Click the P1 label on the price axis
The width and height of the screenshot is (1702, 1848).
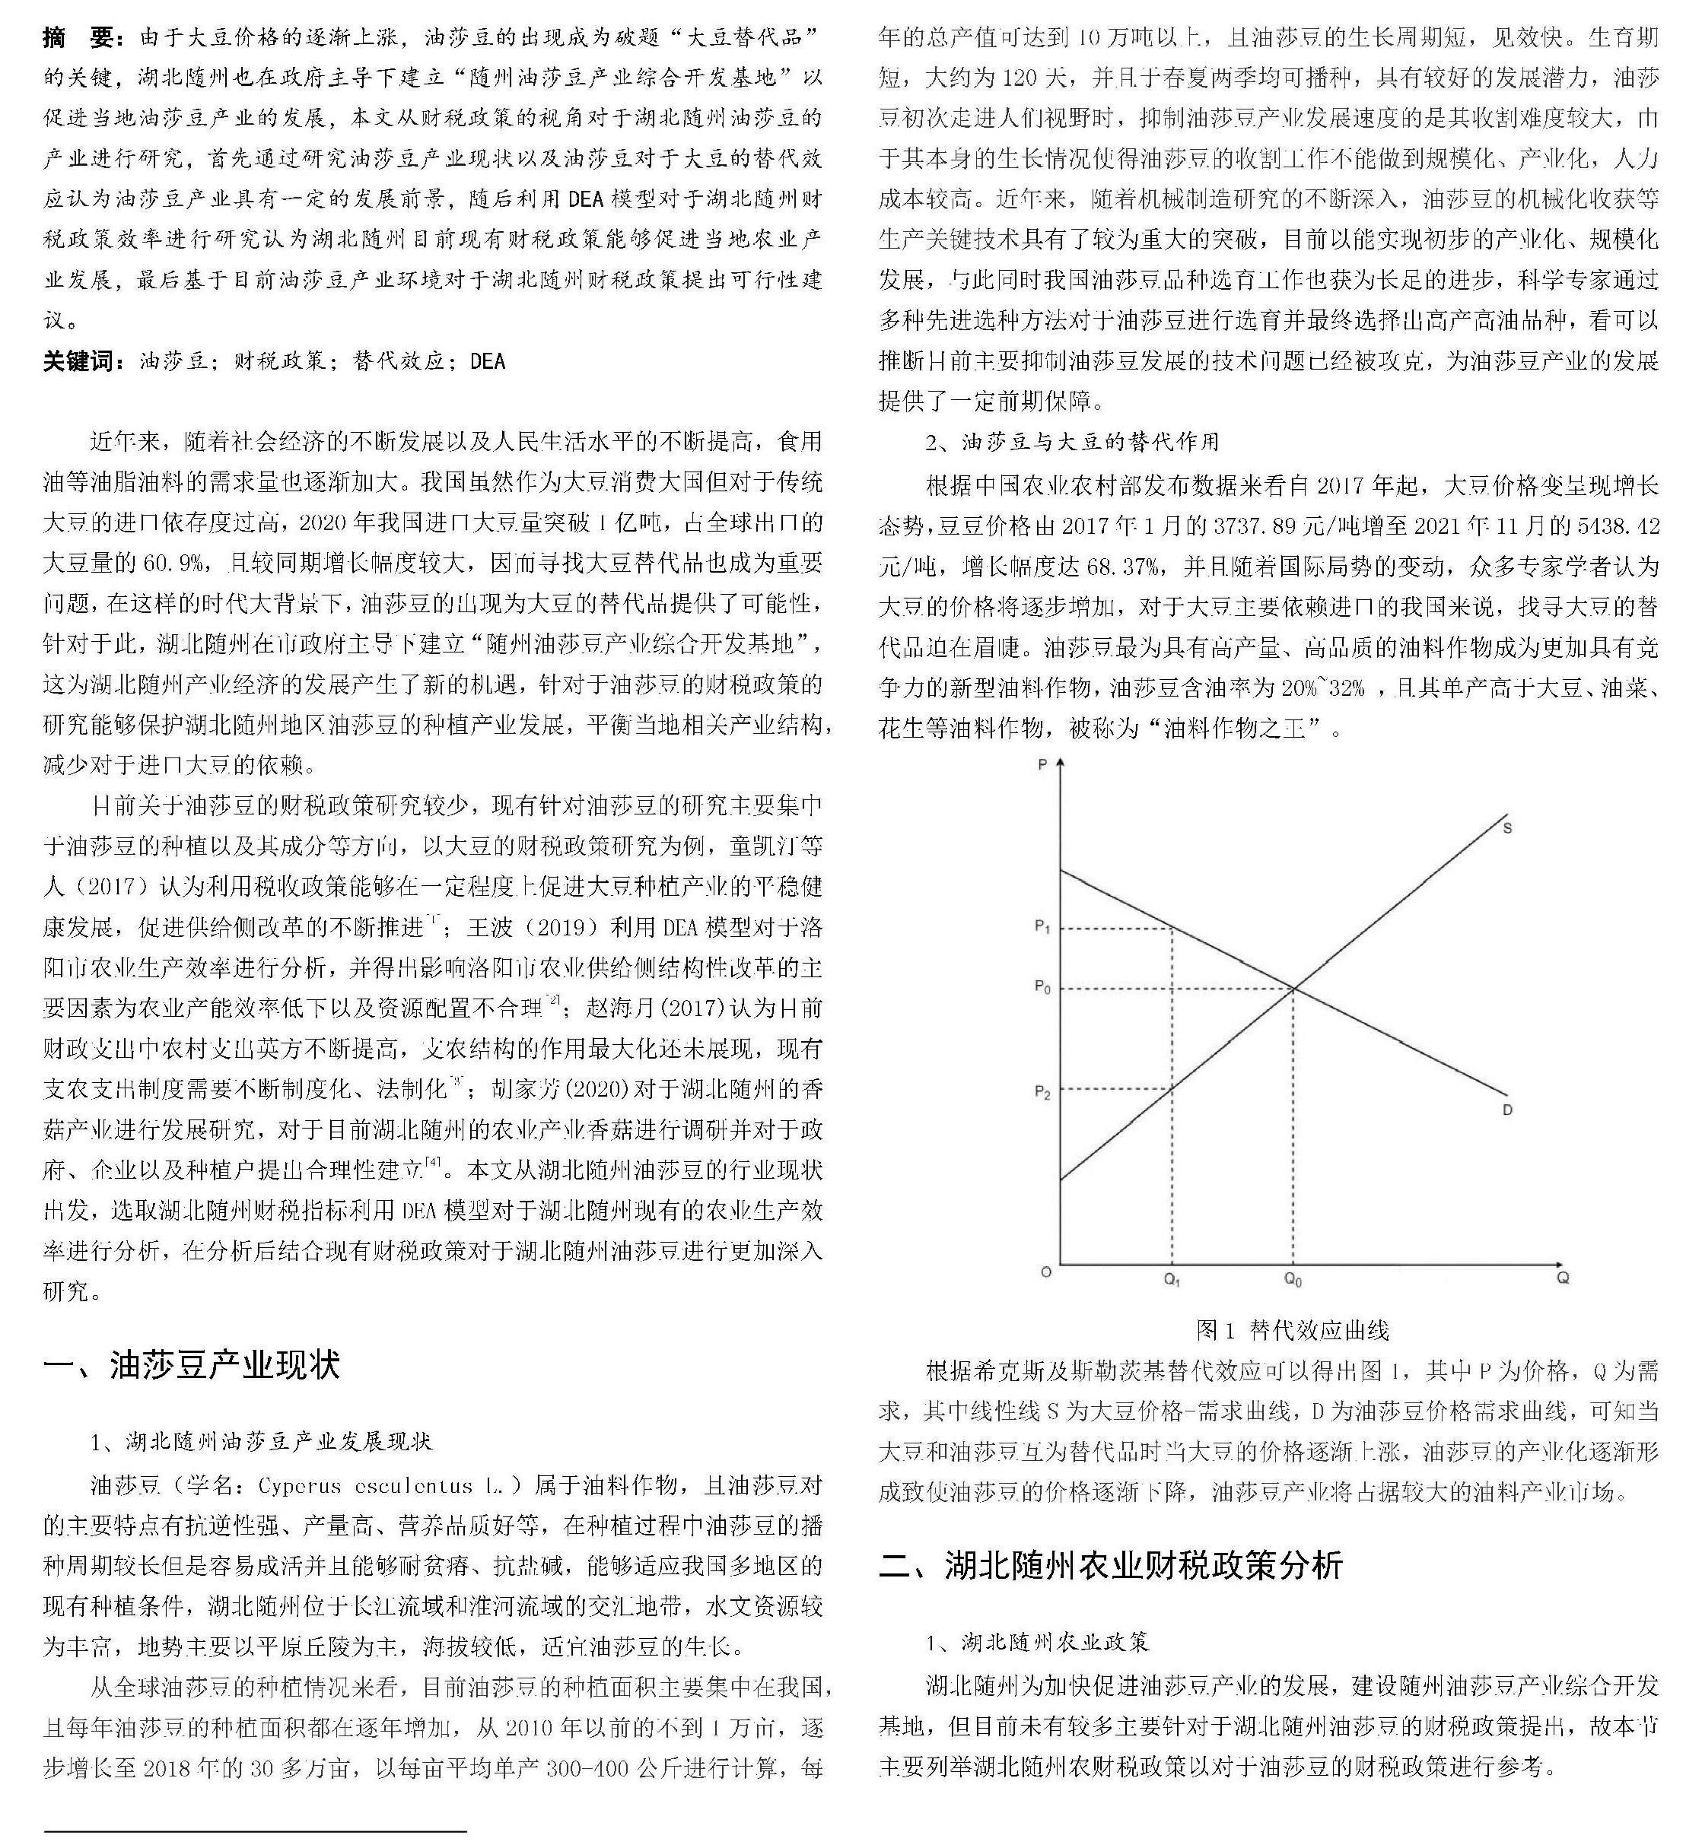pos(1042,927)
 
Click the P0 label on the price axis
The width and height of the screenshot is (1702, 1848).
pos(1042,988)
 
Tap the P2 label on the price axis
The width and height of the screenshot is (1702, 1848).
pos(1042,1092)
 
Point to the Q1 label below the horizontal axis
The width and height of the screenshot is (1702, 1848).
pos(1172,1280)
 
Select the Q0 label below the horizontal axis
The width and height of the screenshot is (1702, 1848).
pos(1293,1280)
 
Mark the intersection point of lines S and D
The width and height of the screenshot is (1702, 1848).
pos(1293,989)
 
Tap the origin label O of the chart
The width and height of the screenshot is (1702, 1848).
pos(1045,1272)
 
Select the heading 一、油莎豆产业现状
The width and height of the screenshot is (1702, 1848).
pos(192,1364)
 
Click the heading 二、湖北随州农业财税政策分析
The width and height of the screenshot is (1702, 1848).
pos(1111,1565)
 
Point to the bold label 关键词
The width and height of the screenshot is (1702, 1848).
pos(81,361)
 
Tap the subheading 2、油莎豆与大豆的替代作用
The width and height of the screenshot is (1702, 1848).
pos(1072,442)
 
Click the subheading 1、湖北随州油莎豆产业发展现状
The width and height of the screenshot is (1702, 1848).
pos(261,1441)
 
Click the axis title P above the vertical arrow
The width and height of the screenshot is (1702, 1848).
pos(1042,764)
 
